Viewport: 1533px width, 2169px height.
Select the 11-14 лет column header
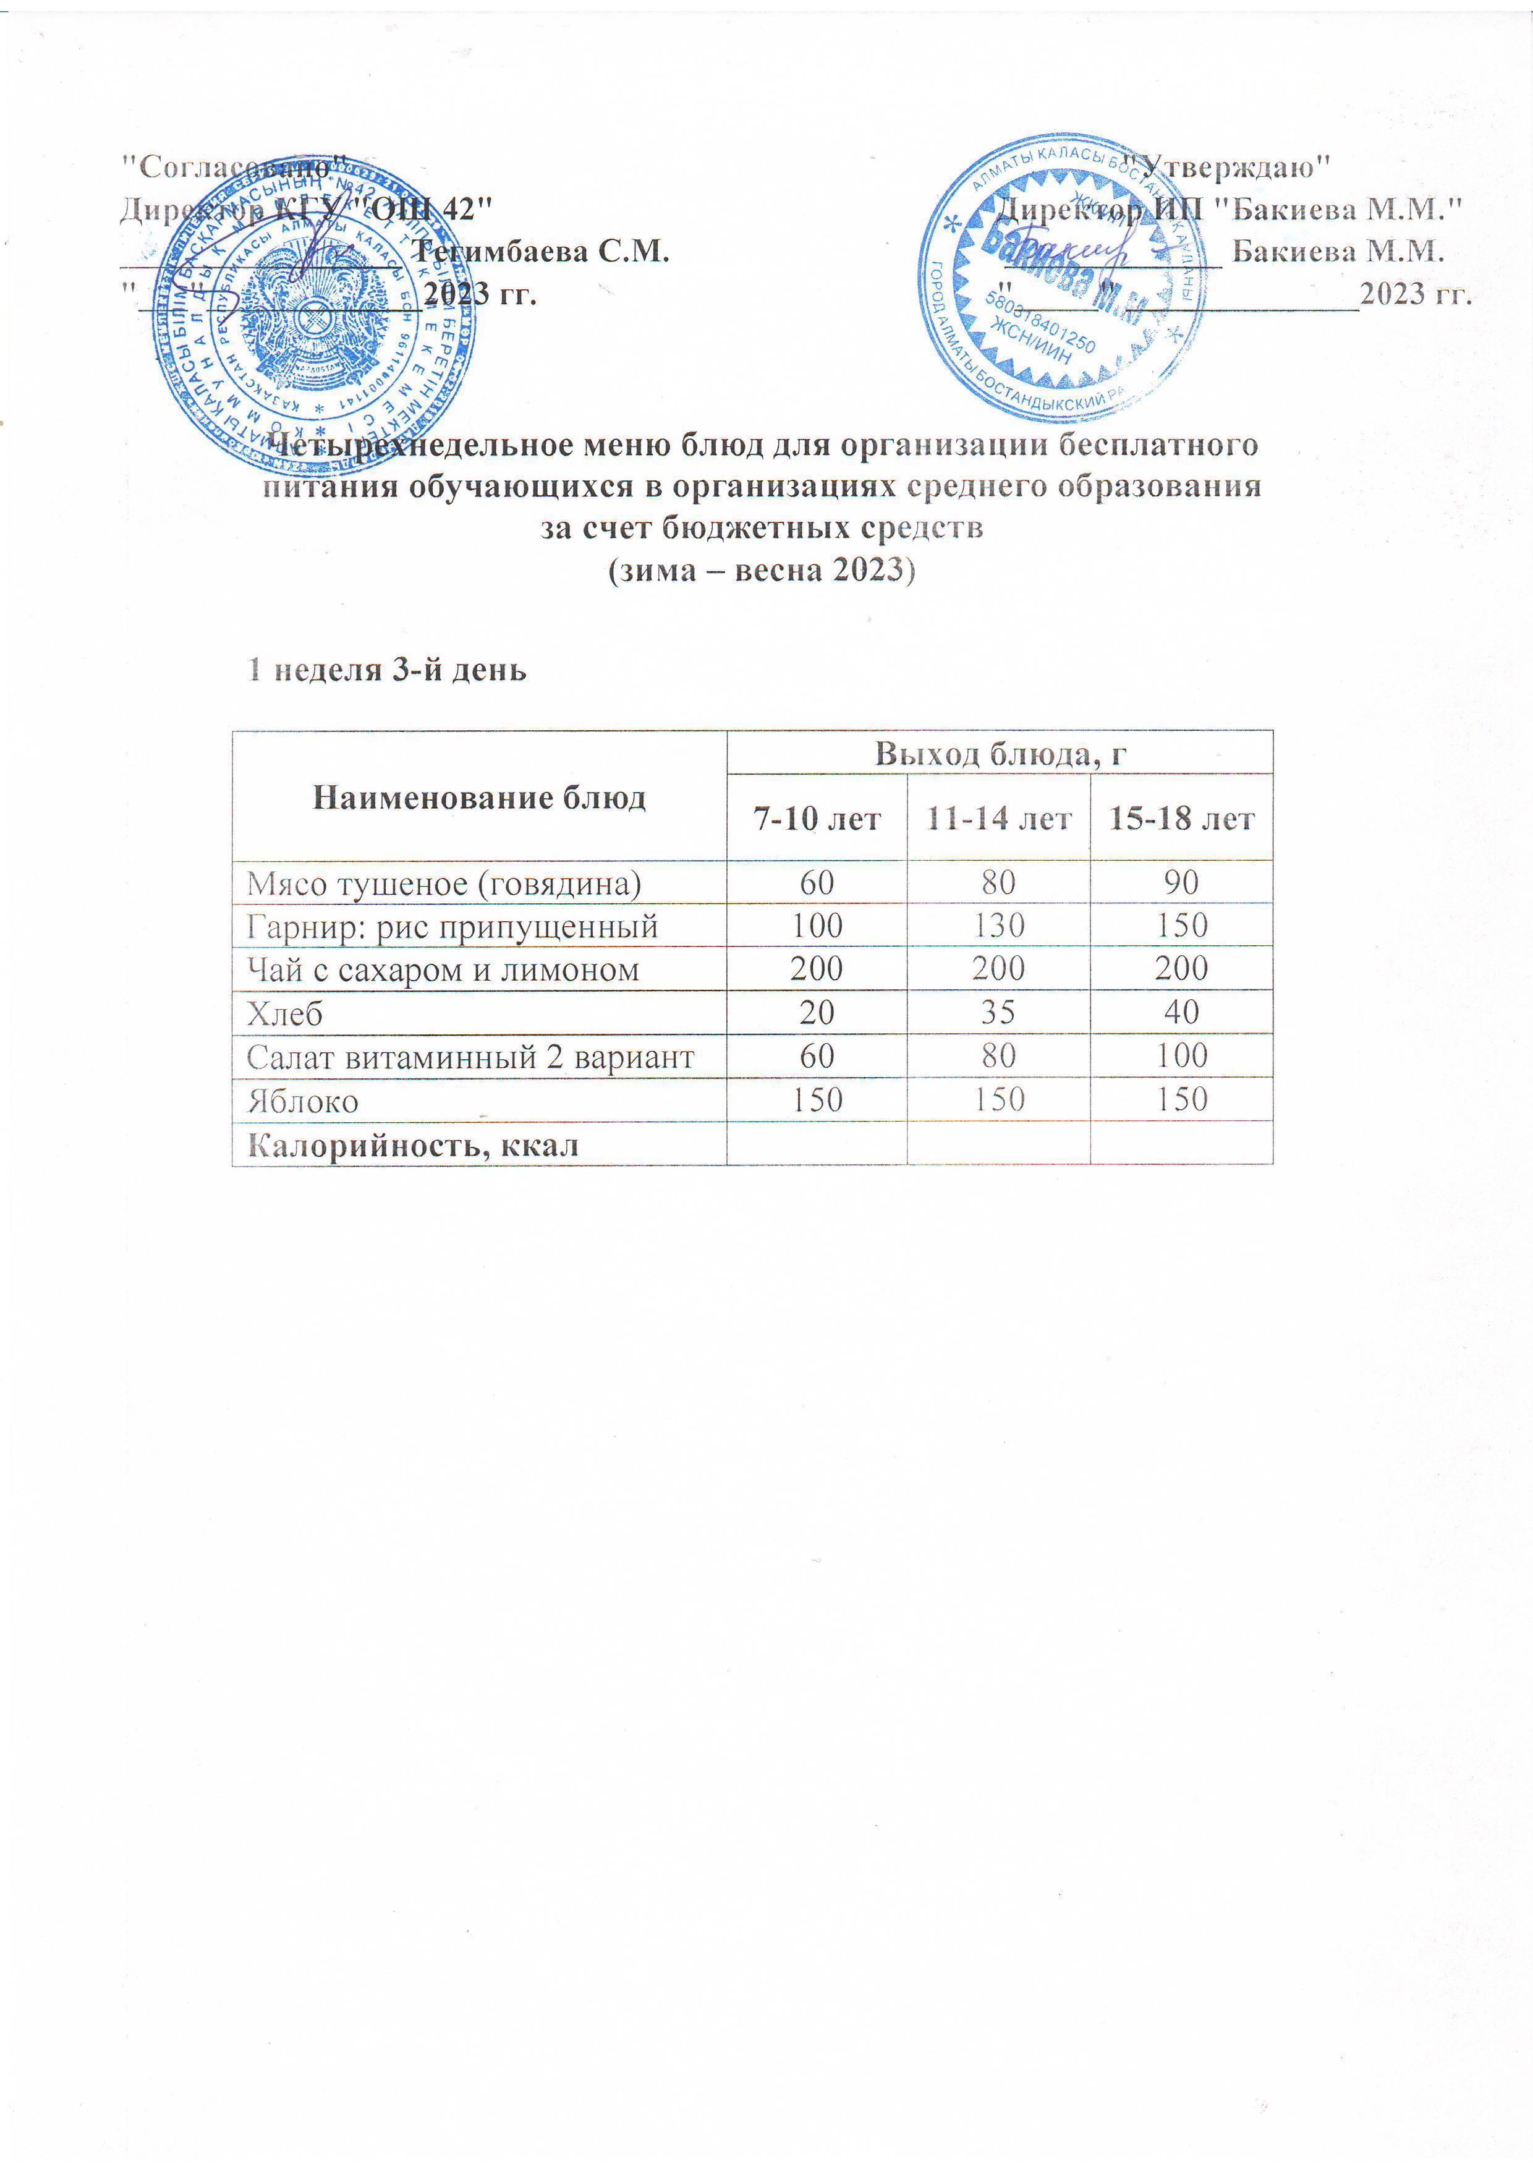pos(998,818)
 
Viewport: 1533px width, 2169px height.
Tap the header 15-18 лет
pos(1182,818)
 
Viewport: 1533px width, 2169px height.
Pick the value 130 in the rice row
pos(998,926)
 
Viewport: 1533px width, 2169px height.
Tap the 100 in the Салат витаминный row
pos(1182,1056)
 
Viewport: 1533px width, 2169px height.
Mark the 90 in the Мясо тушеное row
pos(1182,882)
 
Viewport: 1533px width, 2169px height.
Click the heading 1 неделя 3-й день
pos(386,670)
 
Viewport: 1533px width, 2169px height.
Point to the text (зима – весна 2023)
pos(762,571)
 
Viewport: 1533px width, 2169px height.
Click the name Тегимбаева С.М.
pos(543,251)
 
